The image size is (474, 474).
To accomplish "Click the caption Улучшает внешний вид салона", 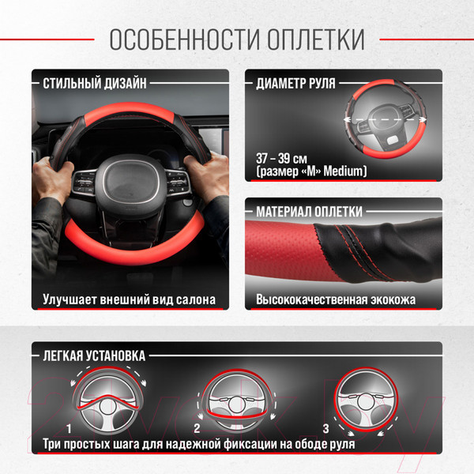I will coord(129,300).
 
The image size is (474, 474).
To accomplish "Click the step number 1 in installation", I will coord(70,428).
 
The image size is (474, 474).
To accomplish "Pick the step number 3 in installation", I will coord(325,428).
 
